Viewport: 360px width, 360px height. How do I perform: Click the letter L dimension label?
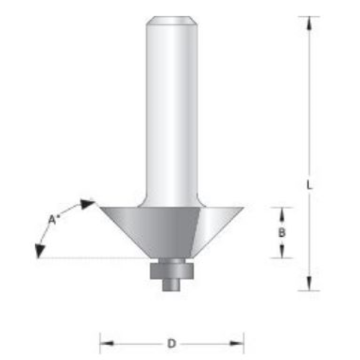click(310, 185)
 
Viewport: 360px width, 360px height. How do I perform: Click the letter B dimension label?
click(282, 233)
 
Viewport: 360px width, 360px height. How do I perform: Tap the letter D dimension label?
click(171, 343)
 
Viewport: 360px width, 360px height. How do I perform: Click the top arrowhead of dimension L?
click(309, 23)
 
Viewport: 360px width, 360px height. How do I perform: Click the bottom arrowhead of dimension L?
click(309, 284)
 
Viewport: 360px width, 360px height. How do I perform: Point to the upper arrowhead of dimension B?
click(282, 214)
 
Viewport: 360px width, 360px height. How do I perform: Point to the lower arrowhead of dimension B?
click(282, 251)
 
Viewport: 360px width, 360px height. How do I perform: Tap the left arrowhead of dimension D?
click(107, 343)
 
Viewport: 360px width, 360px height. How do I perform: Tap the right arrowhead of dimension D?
click(237, 343)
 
